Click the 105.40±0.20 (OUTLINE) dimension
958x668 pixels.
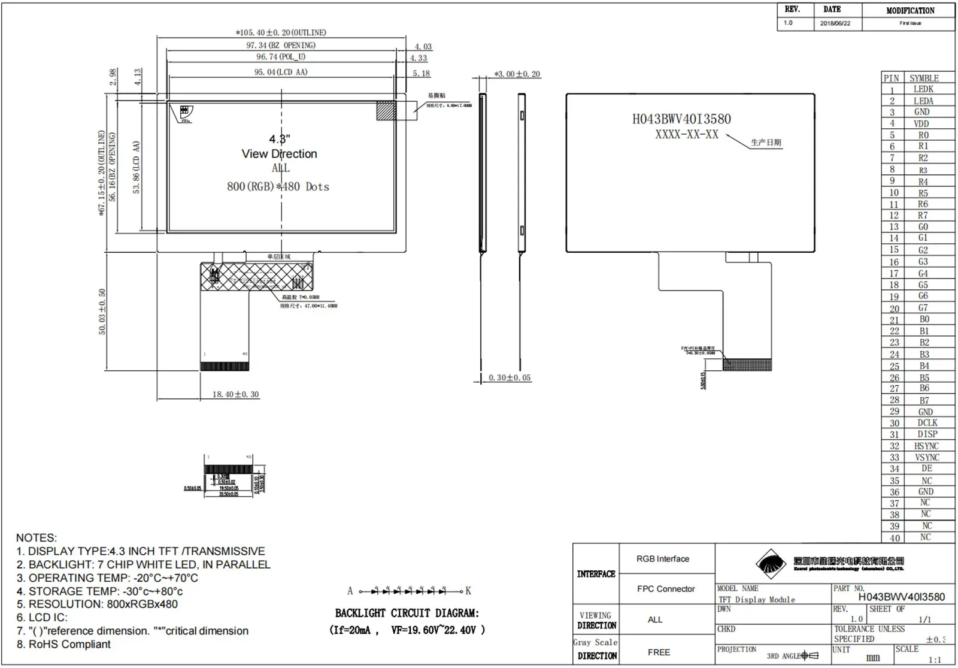(281, 32)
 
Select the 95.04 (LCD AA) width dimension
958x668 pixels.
(281, 72)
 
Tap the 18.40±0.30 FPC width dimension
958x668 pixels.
(235, 394)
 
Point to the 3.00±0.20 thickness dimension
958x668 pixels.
(517, 74)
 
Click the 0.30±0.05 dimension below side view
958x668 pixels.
(510, 377)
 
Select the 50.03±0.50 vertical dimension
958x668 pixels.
(102, 312)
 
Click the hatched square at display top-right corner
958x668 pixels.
(386, 111)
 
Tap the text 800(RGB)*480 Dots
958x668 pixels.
(278, 186)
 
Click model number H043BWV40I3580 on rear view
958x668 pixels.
(681, 119)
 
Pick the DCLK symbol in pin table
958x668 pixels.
(927, 422)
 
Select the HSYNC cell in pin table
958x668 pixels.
(926, 446)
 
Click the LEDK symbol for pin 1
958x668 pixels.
(923, 89)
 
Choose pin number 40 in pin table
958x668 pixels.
(895, 538)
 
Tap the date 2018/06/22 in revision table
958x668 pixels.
(835, 23)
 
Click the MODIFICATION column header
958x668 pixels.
(910, 10)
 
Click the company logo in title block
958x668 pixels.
(771, 564)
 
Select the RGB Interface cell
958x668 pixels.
(663, 559)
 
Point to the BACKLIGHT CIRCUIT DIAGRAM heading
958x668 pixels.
(407, 613)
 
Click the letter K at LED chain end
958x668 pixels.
(468, 591)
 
